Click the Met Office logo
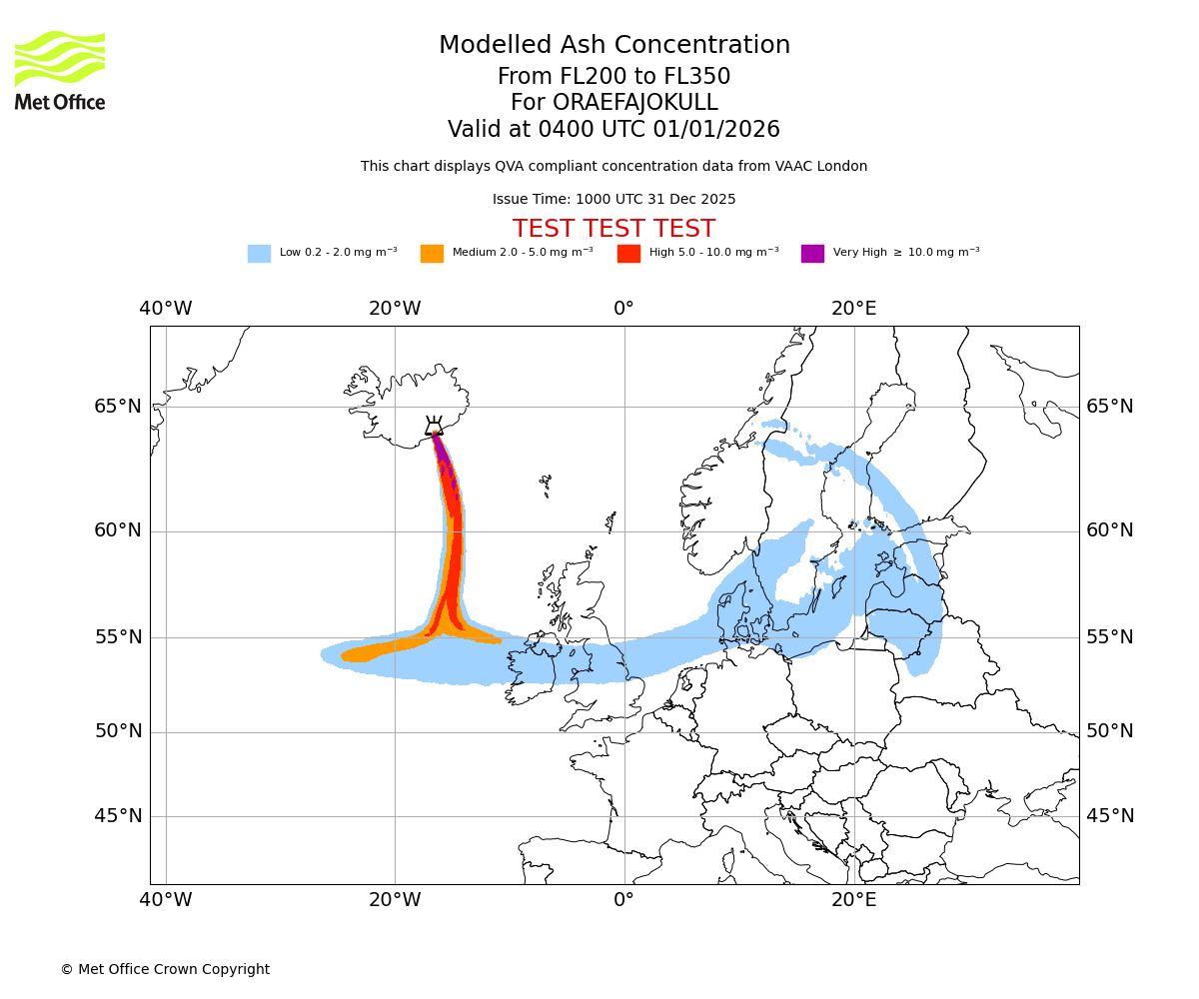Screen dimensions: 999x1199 tap(60, 70)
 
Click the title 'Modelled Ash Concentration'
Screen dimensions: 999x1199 tap(613, 45)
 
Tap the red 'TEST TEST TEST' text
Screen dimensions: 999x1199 tap(613, 229)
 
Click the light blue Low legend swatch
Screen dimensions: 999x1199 tap(259, 254)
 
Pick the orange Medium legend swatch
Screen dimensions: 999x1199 tap(432, 254)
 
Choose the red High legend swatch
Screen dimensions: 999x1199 tap(628, 254)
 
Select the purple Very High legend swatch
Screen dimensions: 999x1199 tap(812, 254)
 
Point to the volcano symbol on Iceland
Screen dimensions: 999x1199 tap(434, 427)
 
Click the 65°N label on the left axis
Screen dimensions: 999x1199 tap(118, 407)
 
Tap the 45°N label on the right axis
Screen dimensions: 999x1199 tap(1110, 816)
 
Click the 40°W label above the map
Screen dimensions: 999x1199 tap(166, 309)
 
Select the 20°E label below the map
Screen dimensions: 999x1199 tap(854, 900)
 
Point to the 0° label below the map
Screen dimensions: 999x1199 tap(624, 900)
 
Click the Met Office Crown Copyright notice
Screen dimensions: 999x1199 tap(165, 969)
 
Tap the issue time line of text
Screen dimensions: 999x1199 tap(613, 199)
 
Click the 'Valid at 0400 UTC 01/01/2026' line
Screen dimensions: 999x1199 tap(613, 130)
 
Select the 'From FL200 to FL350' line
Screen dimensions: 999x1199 tap(613, 77)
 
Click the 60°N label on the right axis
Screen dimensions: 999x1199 tap(1110, 530)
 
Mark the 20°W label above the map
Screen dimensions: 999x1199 tap(395, 309)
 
